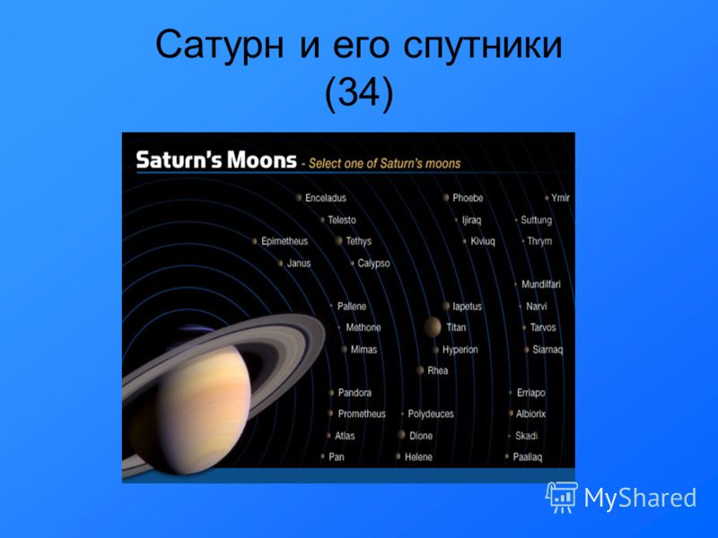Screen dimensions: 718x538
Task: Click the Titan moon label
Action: click(x=456, y=327)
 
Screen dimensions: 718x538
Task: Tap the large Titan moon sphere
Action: click(x=432, y=327)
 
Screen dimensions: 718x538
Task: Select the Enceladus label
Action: click(x=326, y=198)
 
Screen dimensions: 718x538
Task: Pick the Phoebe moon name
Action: click(x=468, y=198)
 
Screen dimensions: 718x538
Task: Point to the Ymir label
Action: click(x=560, y=198)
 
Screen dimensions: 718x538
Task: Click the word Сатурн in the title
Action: click(x=220, y=46)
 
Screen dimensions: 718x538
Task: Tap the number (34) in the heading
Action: click(x=359, y=93)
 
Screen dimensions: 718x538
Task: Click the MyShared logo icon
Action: click(x=561, y=498)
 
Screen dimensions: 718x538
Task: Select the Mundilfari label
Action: click(x=541, y=284)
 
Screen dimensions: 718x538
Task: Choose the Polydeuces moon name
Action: click(x=431, y=414)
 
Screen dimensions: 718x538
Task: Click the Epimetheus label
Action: click(x=285, y=241)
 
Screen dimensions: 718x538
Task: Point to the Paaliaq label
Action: click(x=528, y=457)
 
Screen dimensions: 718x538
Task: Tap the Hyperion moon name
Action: click(x=460, y=350)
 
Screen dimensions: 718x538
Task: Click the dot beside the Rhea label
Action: click(x=420, y=370)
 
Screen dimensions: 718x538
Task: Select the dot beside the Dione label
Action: click(x=401, y=435)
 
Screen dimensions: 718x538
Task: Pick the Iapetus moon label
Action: click(x=467, y=307)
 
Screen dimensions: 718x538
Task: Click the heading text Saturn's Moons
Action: click(x=216, y=161)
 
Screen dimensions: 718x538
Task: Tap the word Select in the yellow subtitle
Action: click(x=322, y=164)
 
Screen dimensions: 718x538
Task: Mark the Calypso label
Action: click(x=373, y=264)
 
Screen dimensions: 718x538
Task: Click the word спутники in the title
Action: click(x=483, y=46)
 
